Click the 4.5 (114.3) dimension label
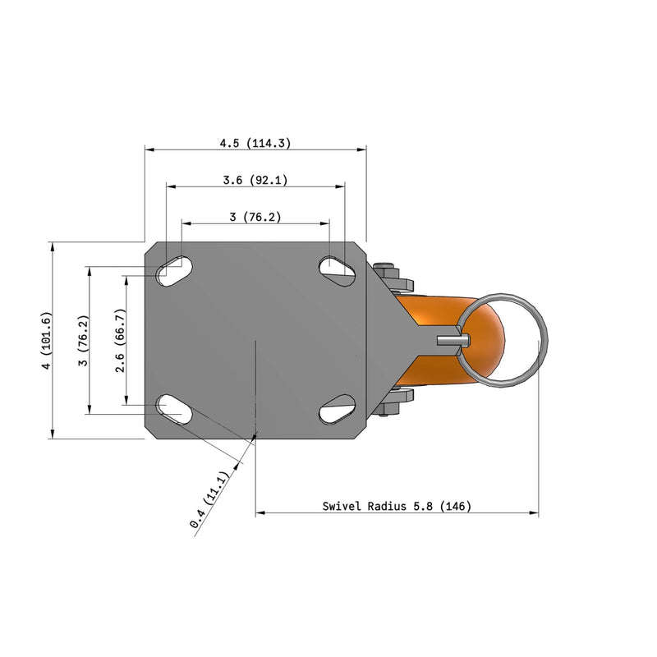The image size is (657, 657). [255, 143]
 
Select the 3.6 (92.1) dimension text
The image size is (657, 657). [255, 180]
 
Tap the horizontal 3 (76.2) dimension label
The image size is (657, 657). [255, 217]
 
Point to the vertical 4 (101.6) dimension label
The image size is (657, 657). [47, 340]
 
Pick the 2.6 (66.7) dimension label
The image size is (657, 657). [120, 340]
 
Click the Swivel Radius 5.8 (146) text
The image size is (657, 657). [397, 507]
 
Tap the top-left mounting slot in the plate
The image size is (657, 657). [173, 270]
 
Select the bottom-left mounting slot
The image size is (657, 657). [173, 409]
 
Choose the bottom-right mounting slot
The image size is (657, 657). [337, 409]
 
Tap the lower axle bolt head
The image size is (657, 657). [388, 404]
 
